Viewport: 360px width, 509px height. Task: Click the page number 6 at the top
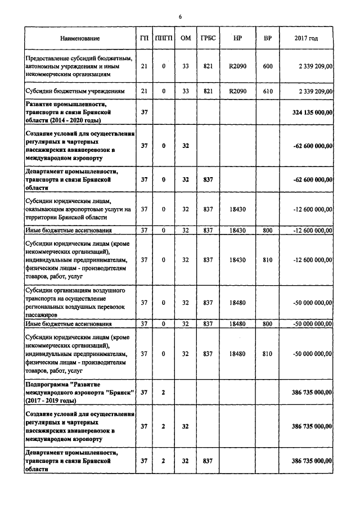[x=180, y=17]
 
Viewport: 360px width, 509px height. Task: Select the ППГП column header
[x=163, y=38]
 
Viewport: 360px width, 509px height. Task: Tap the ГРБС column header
[x=207, y=38]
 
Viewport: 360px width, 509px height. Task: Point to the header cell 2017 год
[x=306, y=38]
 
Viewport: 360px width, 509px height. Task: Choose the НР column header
[x=237, y=38]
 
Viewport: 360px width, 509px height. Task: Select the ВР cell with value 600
[x=268, y=66]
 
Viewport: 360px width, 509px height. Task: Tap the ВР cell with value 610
[x=268, y=91]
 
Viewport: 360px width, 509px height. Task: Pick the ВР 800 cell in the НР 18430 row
[x=268, y=230]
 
